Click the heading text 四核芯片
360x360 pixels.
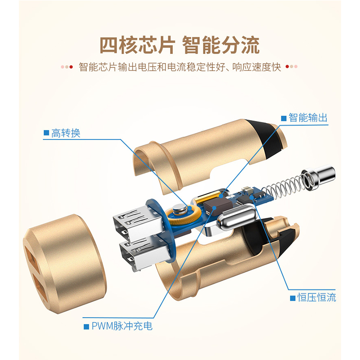coord(137,45)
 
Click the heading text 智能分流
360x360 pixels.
coord(221,45)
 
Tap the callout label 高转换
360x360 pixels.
coord(66,133)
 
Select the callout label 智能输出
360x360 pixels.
coord(308,118)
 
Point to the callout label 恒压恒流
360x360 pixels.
coord(317,297)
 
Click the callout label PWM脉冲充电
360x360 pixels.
coord(122,326)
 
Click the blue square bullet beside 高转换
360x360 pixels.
coord(46,133)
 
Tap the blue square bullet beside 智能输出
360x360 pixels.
coord(284,118)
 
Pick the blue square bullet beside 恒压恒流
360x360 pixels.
coord(292,298)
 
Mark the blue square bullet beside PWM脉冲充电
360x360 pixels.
coord(86,327)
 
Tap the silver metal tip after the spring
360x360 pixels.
coord(319,176)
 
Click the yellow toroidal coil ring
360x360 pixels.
coord(183,215)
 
